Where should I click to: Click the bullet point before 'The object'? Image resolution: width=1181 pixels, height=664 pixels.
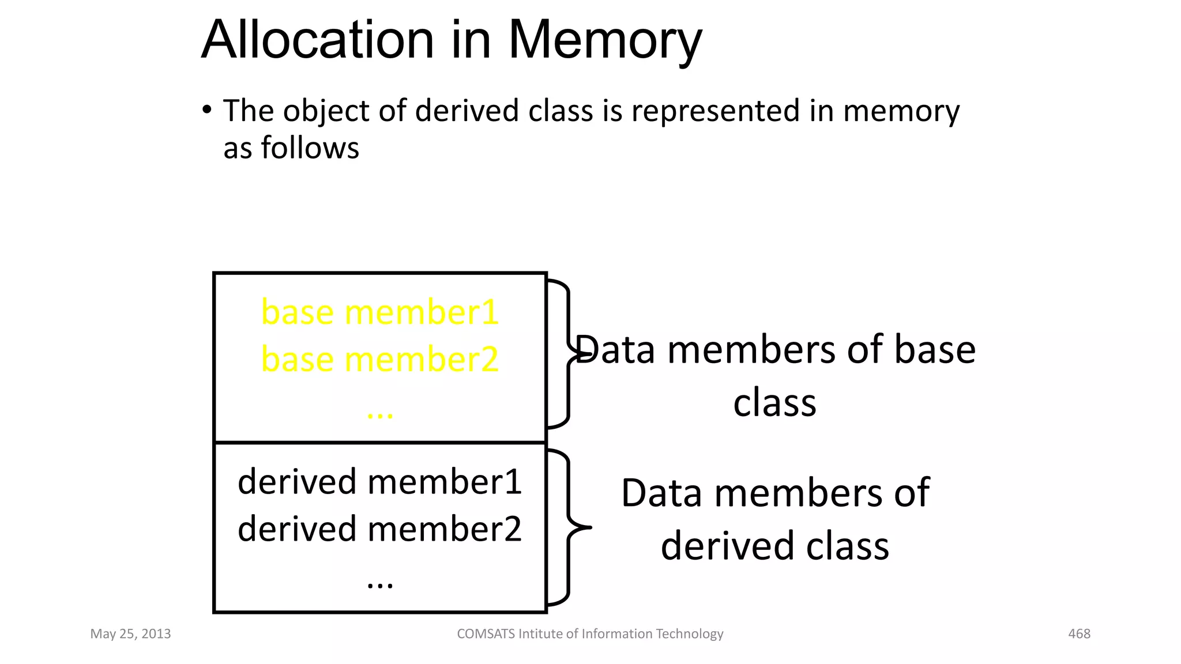click(206, 110)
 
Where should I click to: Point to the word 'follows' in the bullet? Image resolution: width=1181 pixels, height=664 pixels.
click(310, 148)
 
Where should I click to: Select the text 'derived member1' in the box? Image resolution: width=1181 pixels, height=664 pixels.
click(379, 481)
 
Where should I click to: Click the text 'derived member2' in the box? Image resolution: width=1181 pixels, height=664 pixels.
click(379, 529)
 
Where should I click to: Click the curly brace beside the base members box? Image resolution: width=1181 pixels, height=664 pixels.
click(567, 354)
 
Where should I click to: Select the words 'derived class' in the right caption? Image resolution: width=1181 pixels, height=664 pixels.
click(774, 546)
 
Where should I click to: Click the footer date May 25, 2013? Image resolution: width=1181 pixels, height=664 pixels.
click(130, 634)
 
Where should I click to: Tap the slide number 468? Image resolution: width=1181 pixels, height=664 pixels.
click(1079, 634)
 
